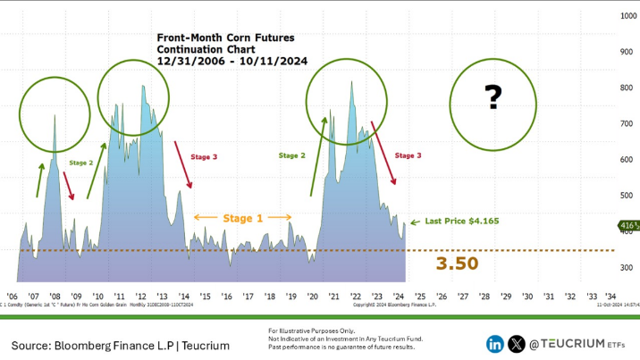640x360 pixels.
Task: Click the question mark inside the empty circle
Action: [x=492, y=96]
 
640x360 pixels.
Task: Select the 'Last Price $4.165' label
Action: [x=461, y=220]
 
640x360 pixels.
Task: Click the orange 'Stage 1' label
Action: [x=243, y=217]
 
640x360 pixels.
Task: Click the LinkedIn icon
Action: [x=494, y=343]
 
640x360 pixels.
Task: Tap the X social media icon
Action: [x=517, y=343]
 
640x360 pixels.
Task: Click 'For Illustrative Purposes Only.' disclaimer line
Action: [x=309, y=331]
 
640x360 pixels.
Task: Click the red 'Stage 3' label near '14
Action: [x=204, y=157]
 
